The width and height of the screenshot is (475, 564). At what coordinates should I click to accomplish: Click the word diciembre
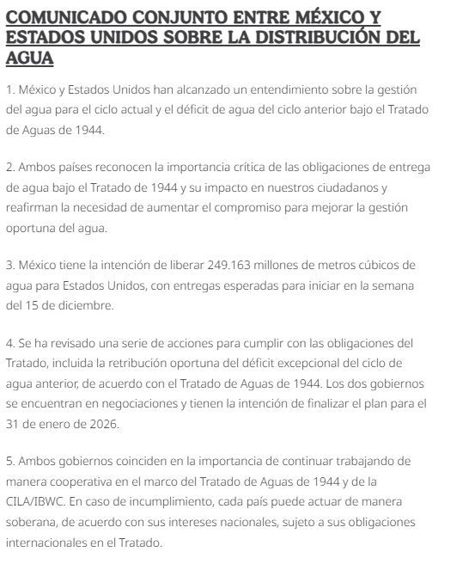83,305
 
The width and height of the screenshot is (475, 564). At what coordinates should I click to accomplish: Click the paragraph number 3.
9,264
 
